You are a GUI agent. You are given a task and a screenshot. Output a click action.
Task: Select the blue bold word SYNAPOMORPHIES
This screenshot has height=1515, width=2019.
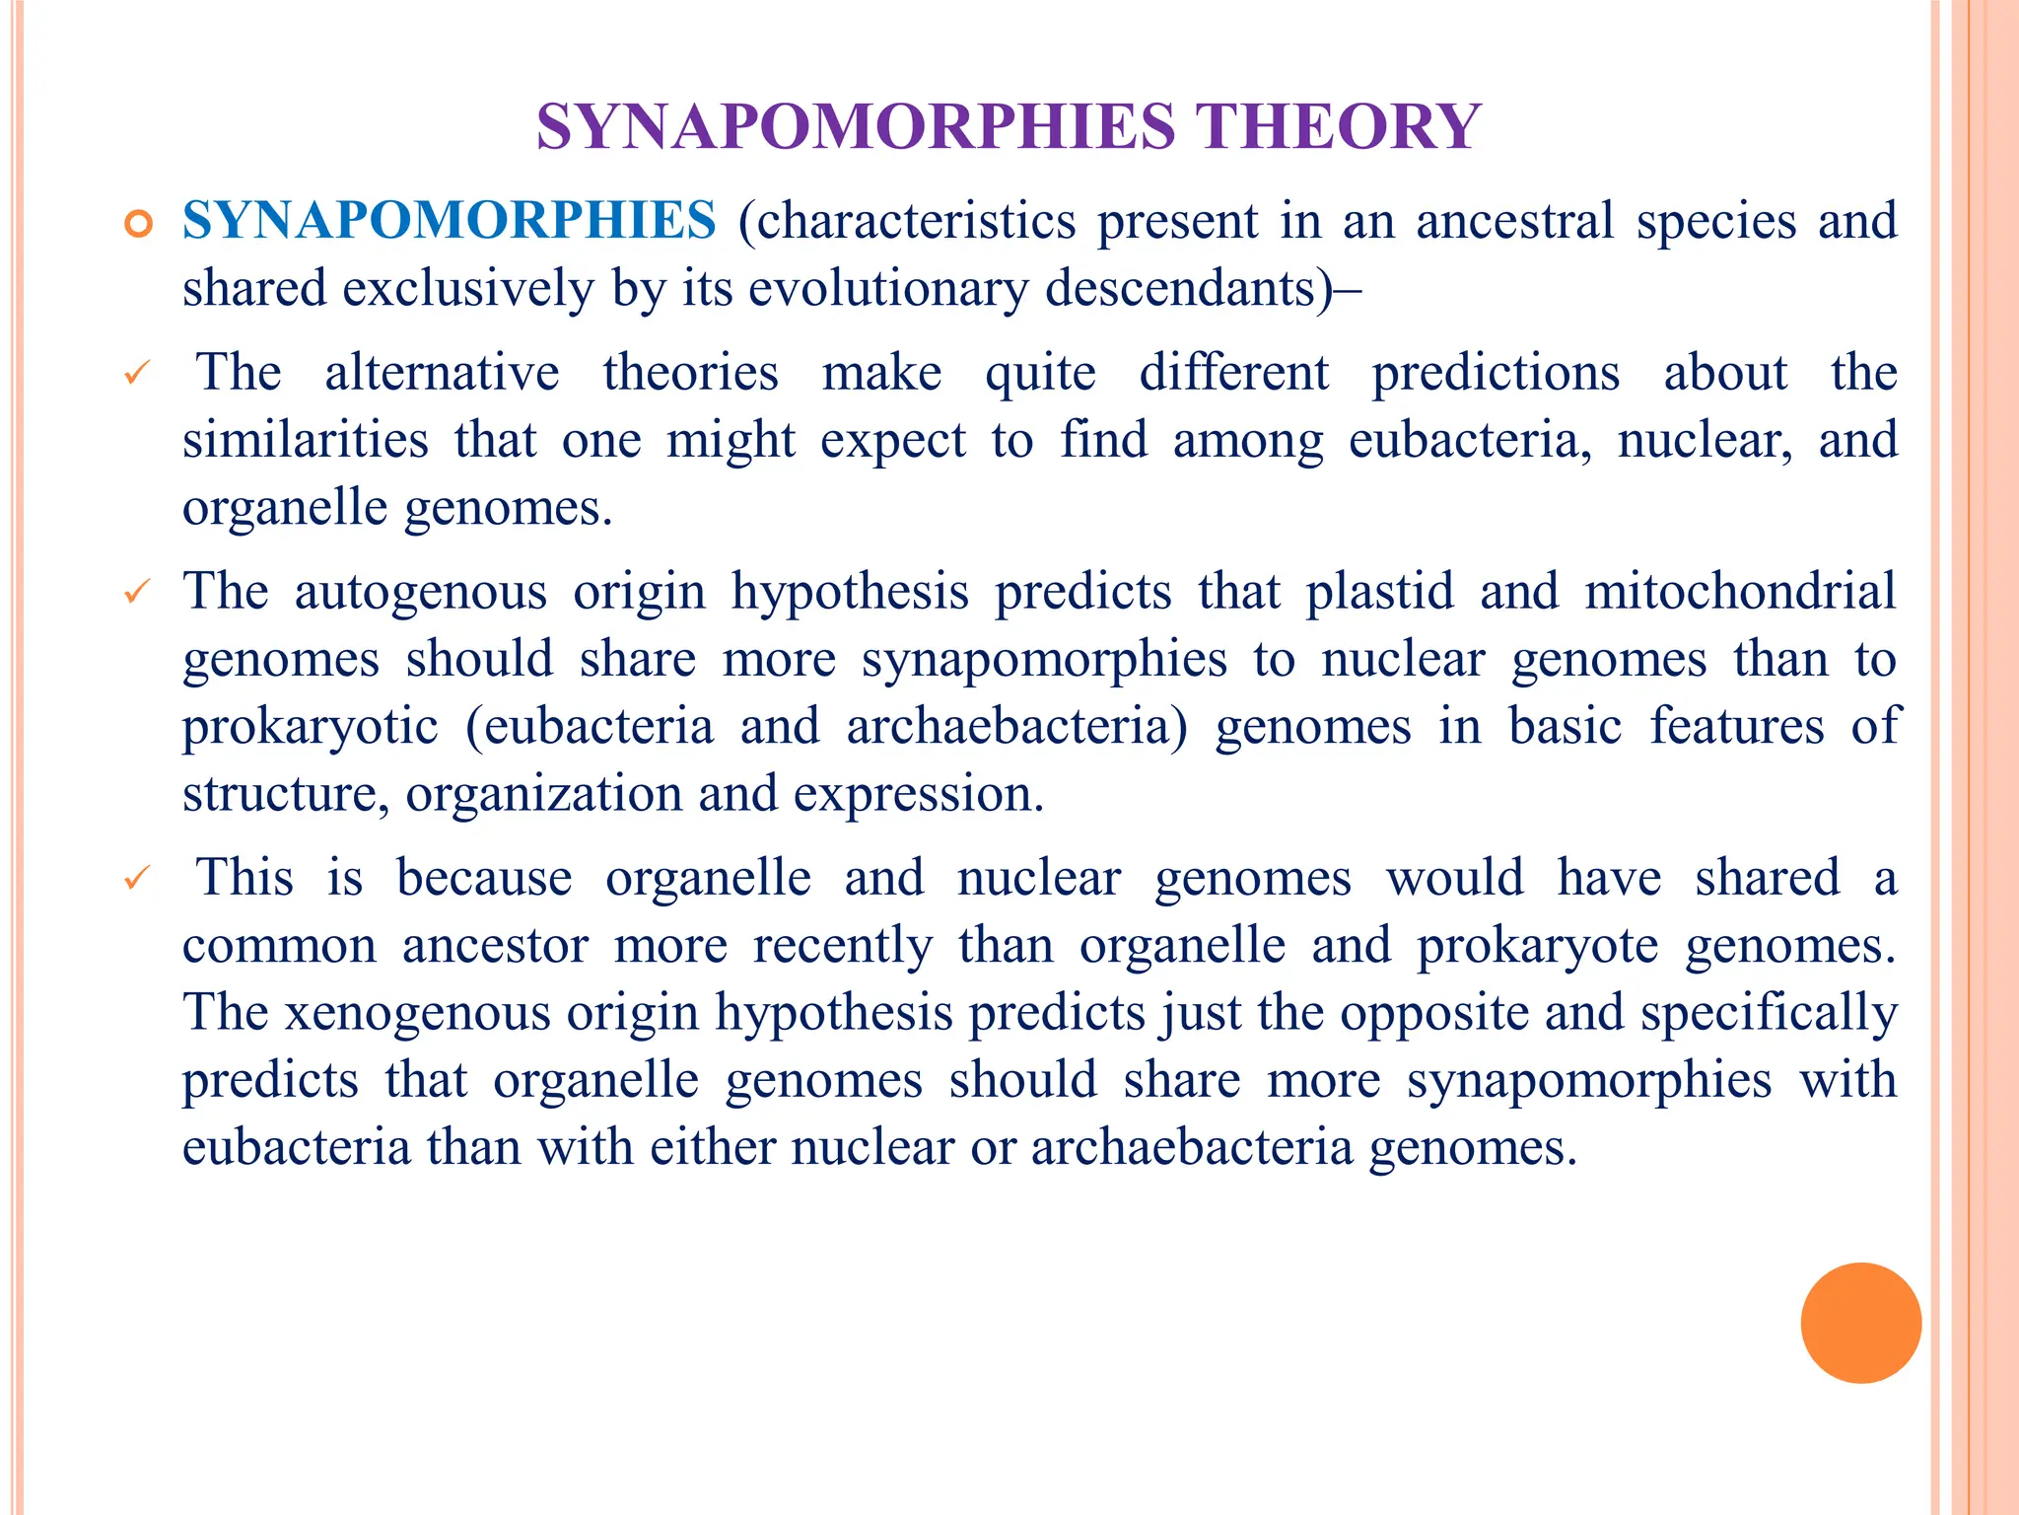pos(450,220)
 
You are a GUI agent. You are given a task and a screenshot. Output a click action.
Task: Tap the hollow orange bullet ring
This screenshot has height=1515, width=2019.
pos(139,225)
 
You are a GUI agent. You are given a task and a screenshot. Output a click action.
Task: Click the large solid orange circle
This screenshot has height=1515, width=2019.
pos(1860,1323)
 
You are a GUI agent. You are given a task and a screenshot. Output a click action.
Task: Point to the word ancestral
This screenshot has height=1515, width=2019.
pos(1515,220)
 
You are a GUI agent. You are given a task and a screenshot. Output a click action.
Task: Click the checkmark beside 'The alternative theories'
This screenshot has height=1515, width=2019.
pos(137,374)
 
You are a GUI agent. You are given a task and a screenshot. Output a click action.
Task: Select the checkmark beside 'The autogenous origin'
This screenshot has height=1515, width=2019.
pos(137,593)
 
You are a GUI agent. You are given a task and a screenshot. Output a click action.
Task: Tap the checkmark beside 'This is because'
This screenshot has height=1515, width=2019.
pos(137,877)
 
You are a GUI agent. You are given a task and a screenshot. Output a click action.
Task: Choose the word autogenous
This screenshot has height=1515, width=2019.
pos(420,592)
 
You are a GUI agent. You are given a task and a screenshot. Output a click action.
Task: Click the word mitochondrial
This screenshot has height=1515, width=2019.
pos(1740,592)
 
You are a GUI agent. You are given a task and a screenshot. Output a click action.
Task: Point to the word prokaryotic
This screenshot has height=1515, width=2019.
pos(310,727)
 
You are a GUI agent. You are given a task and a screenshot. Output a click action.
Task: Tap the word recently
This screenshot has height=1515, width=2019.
pos(842,945)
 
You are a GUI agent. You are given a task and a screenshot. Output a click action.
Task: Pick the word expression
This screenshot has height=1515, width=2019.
pos(918,794)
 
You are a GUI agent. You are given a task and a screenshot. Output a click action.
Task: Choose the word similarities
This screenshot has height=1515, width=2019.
pos(306,440)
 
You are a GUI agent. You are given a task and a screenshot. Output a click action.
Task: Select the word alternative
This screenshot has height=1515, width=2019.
pos(442,373)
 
